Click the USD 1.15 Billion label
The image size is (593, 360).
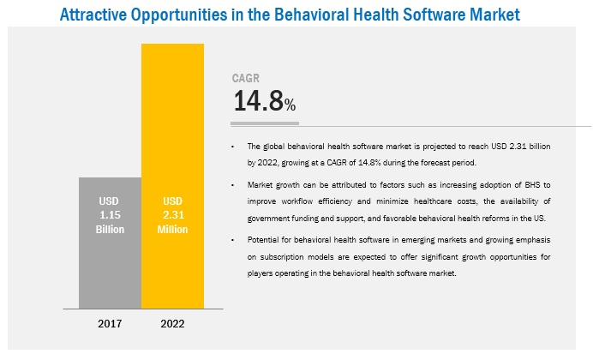coord(110,215)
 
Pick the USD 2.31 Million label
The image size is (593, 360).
coord(173,215)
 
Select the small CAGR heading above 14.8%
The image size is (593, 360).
coord(246,79)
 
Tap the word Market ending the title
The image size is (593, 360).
coord(491,15)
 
